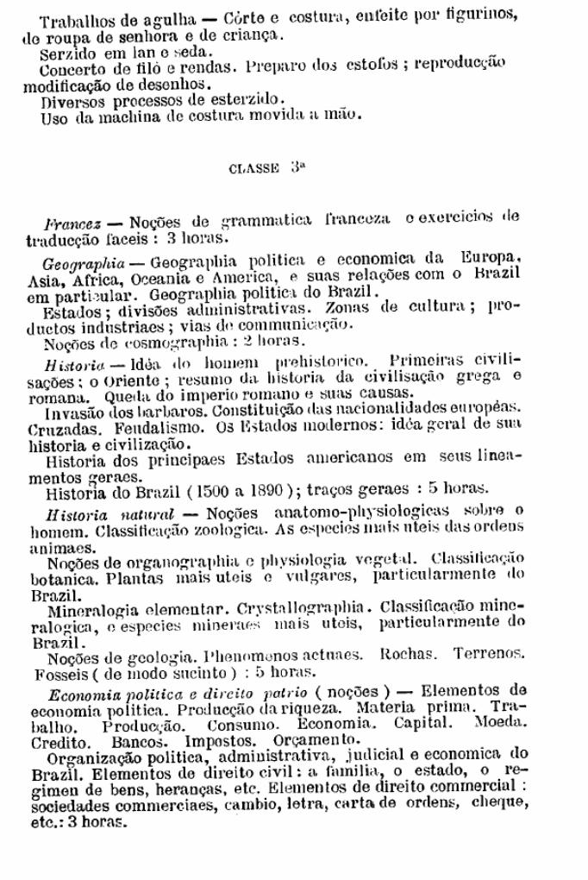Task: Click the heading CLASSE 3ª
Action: click(x=266, y=168)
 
